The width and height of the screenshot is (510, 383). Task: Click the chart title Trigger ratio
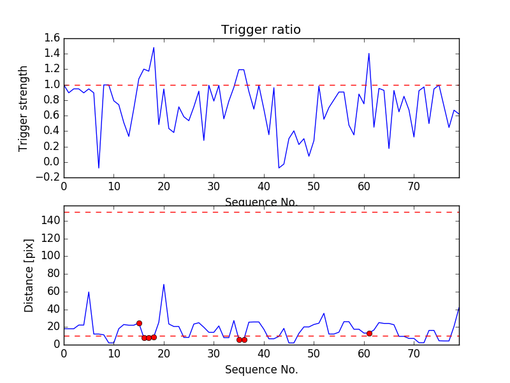click(x=261, y=30)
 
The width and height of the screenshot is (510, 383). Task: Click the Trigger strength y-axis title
click(x=24, y=108)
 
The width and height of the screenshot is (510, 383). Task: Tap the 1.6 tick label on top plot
click(x=52, y=38)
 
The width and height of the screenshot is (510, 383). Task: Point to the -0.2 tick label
click(x=50, y=177)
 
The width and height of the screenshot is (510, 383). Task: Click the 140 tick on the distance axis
click(x=50, y=221)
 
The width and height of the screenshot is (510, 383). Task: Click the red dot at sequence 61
click(x=369, y=333)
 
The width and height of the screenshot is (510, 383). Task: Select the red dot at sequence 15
click(x=139, y=323)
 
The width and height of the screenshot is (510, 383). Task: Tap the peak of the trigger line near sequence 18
click(x=154, y=48)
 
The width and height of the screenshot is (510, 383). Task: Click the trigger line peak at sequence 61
click(x=369, y=54)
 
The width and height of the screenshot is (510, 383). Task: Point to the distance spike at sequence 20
click(x=164, y=284)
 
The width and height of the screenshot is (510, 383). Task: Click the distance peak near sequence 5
click(x=89, y=292)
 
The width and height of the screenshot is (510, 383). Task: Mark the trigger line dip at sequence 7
click(x=99, y=168)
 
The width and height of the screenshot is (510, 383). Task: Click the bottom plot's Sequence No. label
click(x=261, y=370)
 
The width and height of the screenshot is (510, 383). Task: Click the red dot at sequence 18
click(x=154, y=337)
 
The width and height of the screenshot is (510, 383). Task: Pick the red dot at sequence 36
click(x=244, y=340)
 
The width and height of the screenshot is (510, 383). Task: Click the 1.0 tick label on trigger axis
click(x=52, y=85)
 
